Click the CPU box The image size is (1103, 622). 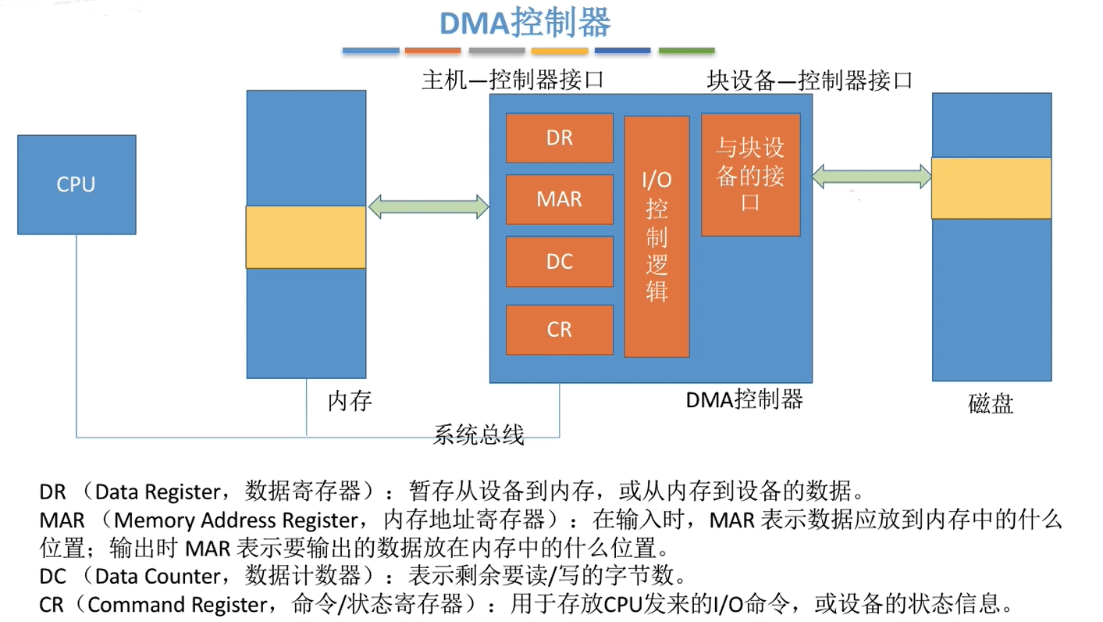[x=76, y=184]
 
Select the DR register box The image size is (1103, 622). [x=559, y=138]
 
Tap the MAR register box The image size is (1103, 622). [x=559, y=199]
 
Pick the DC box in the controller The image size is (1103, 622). [x=559, y=262]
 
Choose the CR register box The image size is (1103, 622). [x=559, y=329]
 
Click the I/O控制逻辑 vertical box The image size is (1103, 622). [x=656, y=236]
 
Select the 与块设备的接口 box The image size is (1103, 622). [x=750, y=174]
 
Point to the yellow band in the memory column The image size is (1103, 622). [x=306, y=237]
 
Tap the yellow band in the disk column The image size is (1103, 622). [x=991, y=188]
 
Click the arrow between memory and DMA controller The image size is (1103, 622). [x=429, y=207]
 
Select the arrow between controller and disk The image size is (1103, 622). [x=871, y=177]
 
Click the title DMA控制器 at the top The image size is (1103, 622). [x=525, y=23]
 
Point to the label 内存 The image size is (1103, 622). [x=350, y=402]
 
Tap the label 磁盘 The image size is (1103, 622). [x=991, y=404]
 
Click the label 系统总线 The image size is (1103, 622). [x=479, y=434]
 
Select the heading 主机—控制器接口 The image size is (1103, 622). [x=513, y=80]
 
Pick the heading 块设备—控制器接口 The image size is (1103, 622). [x=809, y=80]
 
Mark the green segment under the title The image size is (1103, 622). [x=686, y=51]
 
